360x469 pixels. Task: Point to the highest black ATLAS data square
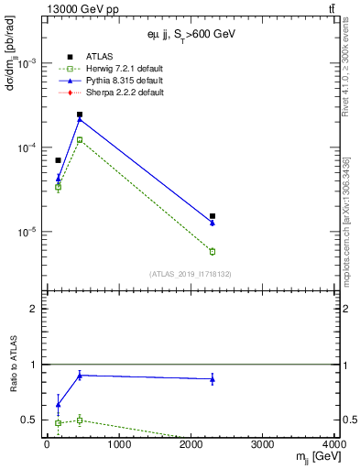click(x=80, y=115)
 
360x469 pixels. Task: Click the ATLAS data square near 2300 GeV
click(x=213, y=216)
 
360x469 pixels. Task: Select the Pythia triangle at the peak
click(x=80, y=119)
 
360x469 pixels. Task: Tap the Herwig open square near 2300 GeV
click(x=213, y=251)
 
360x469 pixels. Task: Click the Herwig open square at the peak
click(x=80, y=140)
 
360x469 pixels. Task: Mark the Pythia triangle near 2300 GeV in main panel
click(x=213, y=223)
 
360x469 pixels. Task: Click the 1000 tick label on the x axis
click(x=118, y=445)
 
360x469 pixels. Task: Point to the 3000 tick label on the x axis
click(x=263, y=445)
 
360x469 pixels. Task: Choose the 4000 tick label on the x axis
click(x=334, y=445)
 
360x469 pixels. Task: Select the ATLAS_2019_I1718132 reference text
click(x=191, y=274)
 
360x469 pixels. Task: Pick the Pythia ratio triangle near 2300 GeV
click(x=213, y=378)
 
